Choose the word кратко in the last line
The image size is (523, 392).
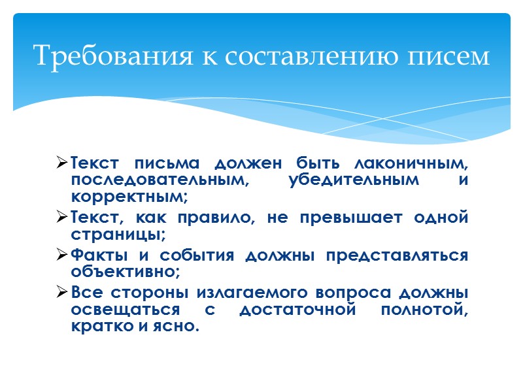99,327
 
